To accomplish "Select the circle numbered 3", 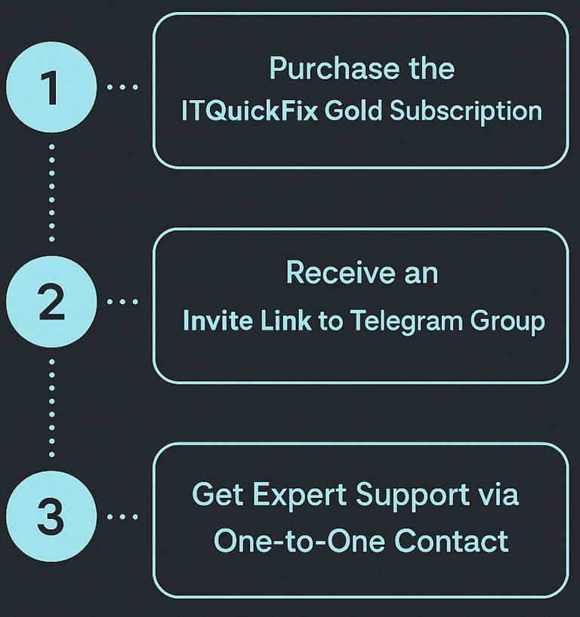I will coord(51,517).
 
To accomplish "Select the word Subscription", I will coord(466,112).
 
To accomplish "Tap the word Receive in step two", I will coord(332,273).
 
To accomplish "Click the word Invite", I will coord(216,321).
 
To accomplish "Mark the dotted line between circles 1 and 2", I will coord(51,193).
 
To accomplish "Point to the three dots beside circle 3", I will coord(123,517).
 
